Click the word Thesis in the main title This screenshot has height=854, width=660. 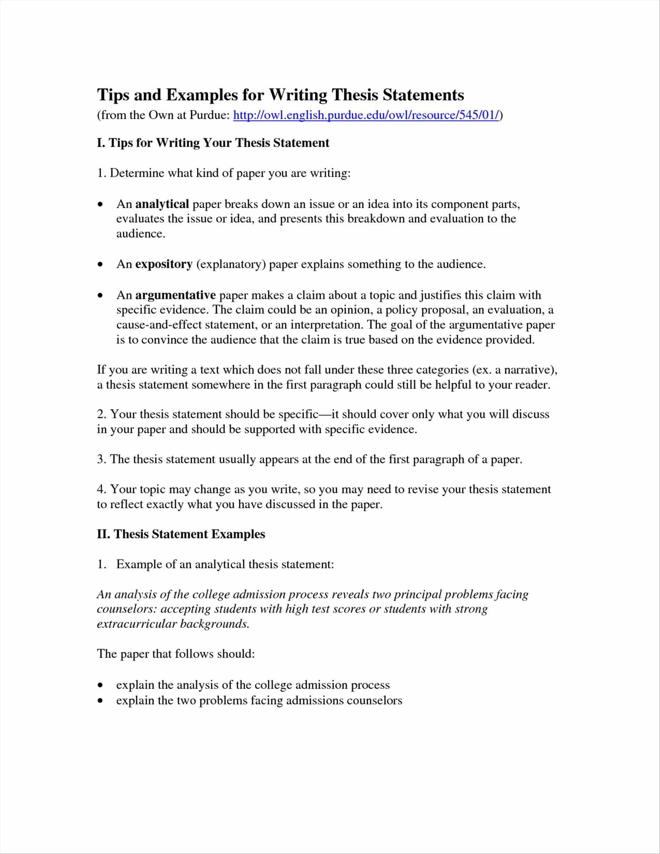[x=354, y=95]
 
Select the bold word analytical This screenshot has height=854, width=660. [x=162, y=204]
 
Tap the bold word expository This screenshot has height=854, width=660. [x=164, y=264]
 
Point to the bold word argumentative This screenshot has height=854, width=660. [x=175, y=295]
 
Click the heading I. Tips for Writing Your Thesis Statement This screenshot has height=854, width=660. [x=213, y=143]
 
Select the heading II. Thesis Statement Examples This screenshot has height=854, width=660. [x=181, y=534]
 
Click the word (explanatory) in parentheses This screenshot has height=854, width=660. [x=231, y=265]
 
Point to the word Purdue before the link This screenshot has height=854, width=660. [x=207, y=115]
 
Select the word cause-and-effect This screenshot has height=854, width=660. [x=159, y=325]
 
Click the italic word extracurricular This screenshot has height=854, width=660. [x=137, y=624]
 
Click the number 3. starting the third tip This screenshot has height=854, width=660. [x=102, y=459]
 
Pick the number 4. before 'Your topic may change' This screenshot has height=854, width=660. [x=102, y=489]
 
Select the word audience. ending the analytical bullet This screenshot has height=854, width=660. [x=141, y=234]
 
